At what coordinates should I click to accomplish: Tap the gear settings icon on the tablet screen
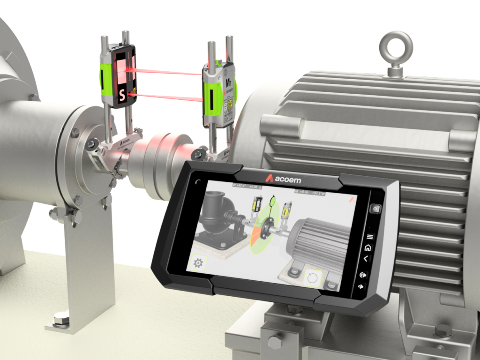pyautogui.click(x=198, y=262)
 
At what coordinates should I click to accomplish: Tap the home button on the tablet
pyautogui.click(x=367, y=247)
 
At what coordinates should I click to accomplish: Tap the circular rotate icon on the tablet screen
pyautogui.click(x=311, y=278)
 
